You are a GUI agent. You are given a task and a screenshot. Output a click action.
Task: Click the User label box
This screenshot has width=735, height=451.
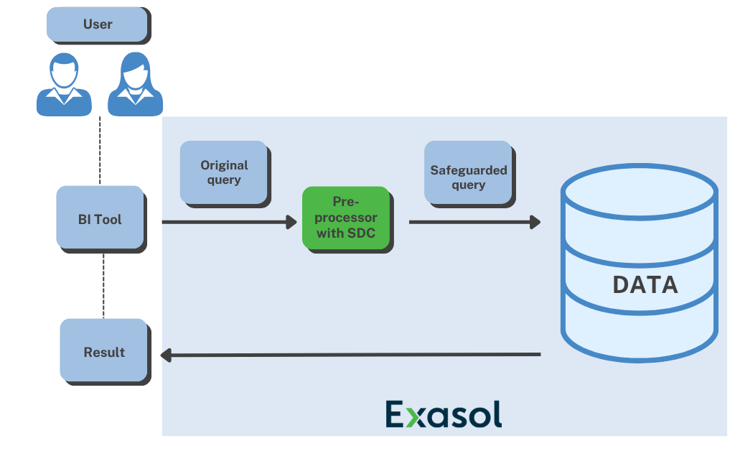pos(98,24)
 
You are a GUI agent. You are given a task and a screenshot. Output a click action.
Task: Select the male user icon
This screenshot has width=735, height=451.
pos(64,85)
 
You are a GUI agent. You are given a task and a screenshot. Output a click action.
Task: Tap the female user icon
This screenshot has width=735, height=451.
pos(135,85)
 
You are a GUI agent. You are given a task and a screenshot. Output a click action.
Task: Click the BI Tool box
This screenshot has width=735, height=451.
pos(100,218)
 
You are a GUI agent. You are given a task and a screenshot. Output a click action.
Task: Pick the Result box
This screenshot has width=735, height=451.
pos(104,351)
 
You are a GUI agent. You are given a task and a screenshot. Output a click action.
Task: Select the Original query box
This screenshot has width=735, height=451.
pos(223,172)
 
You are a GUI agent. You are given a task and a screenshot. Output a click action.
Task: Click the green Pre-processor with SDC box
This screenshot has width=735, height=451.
pos(345,217)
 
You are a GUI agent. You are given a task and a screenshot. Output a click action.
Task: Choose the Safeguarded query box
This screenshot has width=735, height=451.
pos(468,177)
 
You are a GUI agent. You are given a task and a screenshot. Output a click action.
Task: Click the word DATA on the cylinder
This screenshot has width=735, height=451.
pos(645,284)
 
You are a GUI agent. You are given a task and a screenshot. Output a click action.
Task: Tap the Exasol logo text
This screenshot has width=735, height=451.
pos(443,414)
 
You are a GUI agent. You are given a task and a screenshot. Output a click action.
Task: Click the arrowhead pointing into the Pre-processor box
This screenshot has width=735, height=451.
pos(291,222)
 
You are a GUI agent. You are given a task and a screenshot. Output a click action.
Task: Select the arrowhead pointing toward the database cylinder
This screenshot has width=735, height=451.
pos(535,222)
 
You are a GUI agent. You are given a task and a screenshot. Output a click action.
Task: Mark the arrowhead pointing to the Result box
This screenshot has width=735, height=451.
pos(165,354)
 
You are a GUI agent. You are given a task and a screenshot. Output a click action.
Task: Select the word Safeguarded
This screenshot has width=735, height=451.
pos(468,170)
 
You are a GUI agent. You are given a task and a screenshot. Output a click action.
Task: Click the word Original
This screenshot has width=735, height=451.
pos(224,165)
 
